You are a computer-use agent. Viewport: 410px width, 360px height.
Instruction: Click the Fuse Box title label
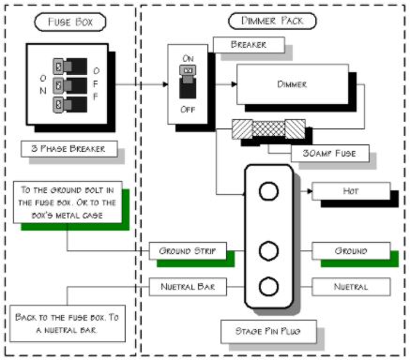click(x=70, y=22)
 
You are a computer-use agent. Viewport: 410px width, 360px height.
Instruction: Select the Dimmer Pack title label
click(x=272, y=21)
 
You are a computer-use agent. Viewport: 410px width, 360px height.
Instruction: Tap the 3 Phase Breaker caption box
click(x=69, y=149)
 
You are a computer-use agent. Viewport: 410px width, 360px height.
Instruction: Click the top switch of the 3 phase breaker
click(x=69, y=67)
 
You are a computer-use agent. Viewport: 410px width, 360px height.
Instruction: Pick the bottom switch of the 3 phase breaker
click(x=69, y=104)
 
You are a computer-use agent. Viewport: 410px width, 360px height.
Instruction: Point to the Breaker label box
click(x=249, y=45)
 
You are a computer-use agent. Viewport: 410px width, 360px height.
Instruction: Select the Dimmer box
click(x=293, y=84)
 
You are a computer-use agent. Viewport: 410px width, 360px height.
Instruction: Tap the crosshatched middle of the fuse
click(x=268, y=127)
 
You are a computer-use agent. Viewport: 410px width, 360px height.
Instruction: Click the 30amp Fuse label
click(x=330, y=153)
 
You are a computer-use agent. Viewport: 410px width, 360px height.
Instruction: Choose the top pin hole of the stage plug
click(x=268, y=191)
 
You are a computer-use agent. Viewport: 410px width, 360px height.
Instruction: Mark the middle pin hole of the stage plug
click(x=268, y=250)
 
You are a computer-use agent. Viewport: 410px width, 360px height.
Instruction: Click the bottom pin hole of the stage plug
click(x=268, y=287)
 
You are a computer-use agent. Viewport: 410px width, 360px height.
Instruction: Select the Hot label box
click(x=351, y=191)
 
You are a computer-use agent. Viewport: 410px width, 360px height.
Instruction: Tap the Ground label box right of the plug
click(x=351, y=251)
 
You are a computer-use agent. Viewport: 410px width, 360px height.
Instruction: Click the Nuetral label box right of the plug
click(x=351, y=287)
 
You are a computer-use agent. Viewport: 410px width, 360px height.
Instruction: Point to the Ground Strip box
click(x=188, y=251)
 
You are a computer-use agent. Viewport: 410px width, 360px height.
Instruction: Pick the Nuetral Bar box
click(x=188, y=287)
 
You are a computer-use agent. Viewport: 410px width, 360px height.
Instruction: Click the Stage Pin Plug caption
click(x=268, y=331)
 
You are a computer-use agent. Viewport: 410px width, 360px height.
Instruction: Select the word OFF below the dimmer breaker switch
click(x=188, y=110)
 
